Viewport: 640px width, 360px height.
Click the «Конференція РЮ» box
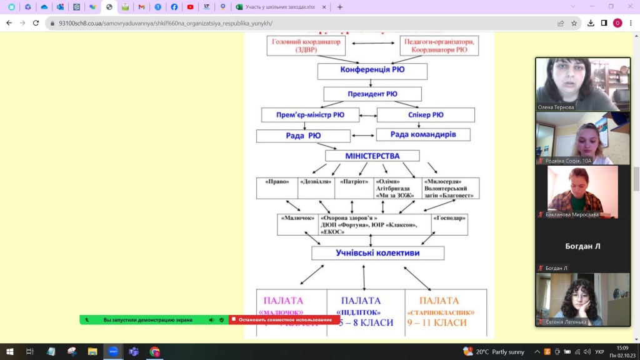click(x=372, y=70)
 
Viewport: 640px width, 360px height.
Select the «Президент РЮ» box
click(x=372, y=94)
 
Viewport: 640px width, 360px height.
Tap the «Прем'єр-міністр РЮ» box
click(x=311, y=115)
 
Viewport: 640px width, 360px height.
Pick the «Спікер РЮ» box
click(x=426, y=115)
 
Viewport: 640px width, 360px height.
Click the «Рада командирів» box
click(x=422, y=134)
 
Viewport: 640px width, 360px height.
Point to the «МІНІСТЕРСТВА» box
click(x=372, y=156)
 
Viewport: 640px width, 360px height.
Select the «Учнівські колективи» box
click(x=377, y=253)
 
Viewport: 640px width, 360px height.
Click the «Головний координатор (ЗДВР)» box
click(x=306, y=46)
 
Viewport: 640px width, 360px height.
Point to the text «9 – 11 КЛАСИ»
click(x=437, y=322)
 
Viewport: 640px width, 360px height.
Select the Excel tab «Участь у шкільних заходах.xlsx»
click(x=279, y=7)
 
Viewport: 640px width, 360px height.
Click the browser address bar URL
click(x=166, y=23)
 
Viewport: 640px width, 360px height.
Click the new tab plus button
click(x=340, y=7)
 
